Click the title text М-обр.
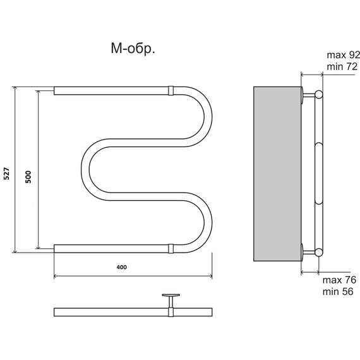tap(133, 49)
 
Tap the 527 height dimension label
tap(7, 174)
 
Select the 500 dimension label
tap(28, 177)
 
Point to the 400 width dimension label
tap(121, 267)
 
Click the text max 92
tap(343, 55)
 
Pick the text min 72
tap(342, 67)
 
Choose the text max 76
tap(339, 280)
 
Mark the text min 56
tap(338, 292)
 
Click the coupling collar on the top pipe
tap(171, 91)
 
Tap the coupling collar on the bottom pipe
tap(171, 249)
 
